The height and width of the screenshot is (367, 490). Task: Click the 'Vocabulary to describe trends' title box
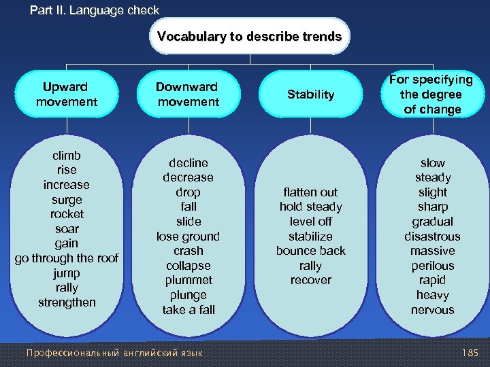(249, 36)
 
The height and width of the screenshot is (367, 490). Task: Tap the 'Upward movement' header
(66, 94)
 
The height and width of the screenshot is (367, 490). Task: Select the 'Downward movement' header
(188, 94)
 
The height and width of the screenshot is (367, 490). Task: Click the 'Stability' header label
(310, 94)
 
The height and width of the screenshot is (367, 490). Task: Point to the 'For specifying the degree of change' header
(432, 94)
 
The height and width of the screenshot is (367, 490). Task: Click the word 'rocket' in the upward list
(67, 214)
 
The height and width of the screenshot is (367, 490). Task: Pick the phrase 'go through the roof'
(67, 258)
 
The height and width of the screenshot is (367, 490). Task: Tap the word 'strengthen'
(67, 302)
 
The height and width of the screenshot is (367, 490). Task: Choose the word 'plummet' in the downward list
(189, 280)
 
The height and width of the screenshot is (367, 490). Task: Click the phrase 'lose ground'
(189, 237)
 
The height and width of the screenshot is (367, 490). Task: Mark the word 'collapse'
(189, 266)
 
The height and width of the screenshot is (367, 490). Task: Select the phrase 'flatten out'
(310, 192)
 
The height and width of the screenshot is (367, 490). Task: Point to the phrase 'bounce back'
(310, 251)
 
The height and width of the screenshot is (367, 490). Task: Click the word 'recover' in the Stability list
(310, 280)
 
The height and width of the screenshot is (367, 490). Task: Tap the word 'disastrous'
(432, 237)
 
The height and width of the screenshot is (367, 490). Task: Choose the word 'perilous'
(432, 266)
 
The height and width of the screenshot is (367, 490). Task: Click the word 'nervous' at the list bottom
(432, 310)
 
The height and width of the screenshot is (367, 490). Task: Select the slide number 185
(470, 353)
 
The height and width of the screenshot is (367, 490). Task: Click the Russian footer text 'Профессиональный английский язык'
(114, 353)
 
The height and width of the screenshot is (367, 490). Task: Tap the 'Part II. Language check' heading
(95, 10)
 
